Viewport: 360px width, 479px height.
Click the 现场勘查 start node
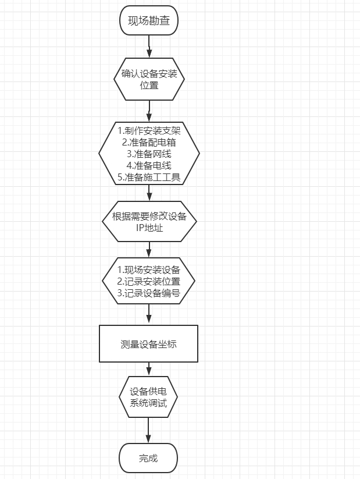click(149, 22)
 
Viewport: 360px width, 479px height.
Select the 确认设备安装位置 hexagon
click(149, 80)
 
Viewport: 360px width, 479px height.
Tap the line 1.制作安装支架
click(149, 130)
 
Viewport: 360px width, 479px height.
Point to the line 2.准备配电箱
click(149, 142)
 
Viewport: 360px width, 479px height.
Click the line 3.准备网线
click(149, 154)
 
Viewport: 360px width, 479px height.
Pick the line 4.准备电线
click(149, 166)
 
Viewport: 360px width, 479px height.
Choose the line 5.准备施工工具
click(149, 178)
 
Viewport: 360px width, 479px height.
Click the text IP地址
click(149, 228)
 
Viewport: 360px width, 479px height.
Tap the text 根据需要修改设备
click(149, 217)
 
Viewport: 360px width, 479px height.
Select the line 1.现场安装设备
click(149, 269)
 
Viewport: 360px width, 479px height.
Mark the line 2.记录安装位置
click(149, 281)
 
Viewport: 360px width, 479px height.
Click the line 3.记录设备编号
click(149, 293)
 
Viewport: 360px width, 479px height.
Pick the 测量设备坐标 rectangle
click(149, 344)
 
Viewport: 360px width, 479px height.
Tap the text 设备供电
click(149, 391)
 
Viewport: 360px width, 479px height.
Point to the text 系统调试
click(149, 402)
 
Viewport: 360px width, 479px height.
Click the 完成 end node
click(149, 458)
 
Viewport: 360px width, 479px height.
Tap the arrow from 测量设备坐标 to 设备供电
click(149, 369)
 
